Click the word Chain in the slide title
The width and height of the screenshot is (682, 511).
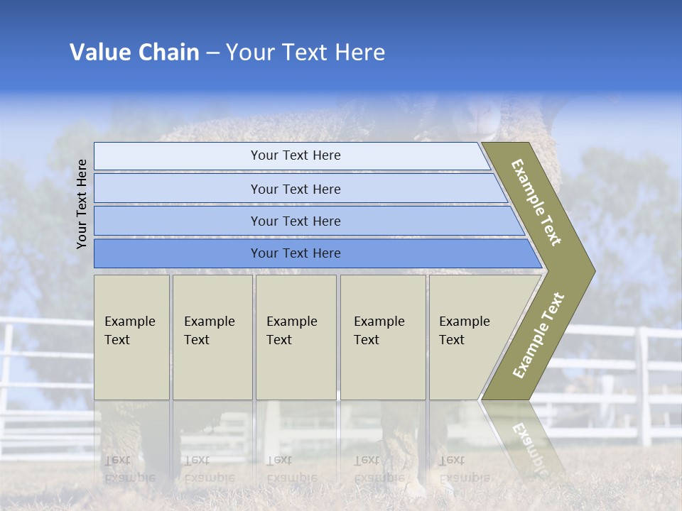(168, 53)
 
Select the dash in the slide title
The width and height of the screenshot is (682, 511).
(212, 53)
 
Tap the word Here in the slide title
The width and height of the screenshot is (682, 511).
(359, 53)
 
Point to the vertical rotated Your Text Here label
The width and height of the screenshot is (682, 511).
(82, 204)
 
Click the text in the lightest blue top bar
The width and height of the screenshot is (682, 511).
(296, 155)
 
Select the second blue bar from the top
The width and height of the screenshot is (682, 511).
(296, 189)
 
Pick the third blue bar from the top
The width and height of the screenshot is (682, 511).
(296, 221)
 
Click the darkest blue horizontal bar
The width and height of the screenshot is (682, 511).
(296, 253)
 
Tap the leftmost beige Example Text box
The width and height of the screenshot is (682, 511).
(131, 337)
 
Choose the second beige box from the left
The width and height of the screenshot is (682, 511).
(212, 337)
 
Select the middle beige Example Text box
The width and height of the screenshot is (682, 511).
(296, 337)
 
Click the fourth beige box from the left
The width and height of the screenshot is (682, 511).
(383, 337)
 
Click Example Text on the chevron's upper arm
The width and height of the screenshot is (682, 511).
(536, 202)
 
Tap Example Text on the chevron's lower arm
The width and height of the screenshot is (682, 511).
(538, 336)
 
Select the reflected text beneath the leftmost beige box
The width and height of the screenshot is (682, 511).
(130, 468)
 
